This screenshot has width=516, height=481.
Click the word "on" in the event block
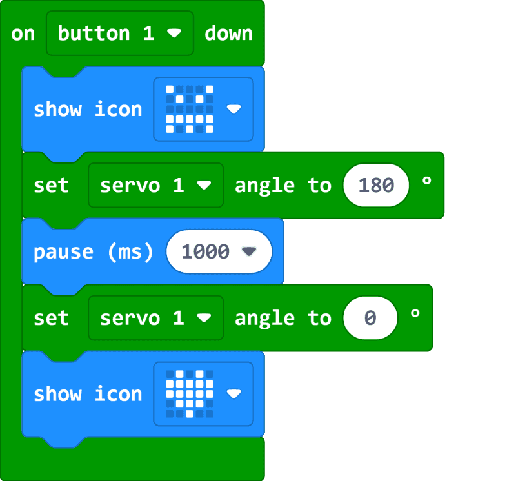23,34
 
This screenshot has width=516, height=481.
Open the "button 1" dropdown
119,34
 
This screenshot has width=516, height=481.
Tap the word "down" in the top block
228,34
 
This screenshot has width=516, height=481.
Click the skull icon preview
189,109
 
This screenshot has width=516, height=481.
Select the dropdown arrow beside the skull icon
233,110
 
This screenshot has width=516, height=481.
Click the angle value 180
376,186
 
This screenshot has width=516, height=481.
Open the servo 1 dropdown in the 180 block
155,186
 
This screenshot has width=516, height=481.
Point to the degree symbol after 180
426,182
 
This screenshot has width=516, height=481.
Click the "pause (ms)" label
94,252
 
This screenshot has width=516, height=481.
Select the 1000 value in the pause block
206,252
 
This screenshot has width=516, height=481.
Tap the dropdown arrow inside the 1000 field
249,252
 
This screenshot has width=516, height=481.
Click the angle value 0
370,319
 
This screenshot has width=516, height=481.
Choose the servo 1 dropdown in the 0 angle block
155,319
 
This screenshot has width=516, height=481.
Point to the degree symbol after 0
415,315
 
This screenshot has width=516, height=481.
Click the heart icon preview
189,394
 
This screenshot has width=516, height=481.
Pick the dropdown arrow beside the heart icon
233,394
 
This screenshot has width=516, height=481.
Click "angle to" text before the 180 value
283,186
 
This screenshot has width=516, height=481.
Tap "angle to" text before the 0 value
283,319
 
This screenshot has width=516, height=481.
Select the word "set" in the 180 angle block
51,186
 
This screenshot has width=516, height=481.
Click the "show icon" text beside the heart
88,394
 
